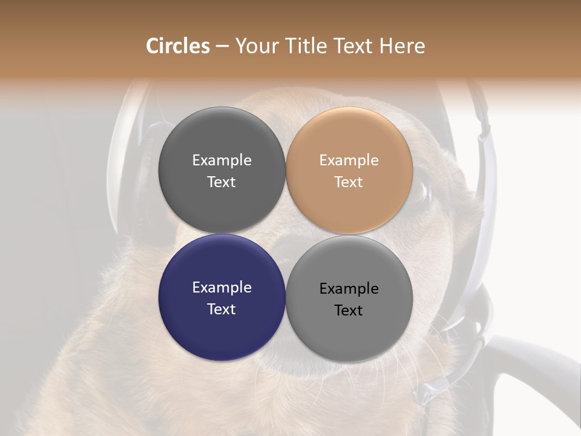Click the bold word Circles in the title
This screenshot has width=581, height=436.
pyautogui.click(x=177, y=46)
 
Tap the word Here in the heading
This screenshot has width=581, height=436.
pyautogui.click(x=402, y=46)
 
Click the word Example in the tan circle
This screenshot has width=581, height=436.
pyautogui.click(x=349, y=160)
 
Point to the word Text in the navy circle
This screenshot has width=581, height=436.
pyautogui.click(x=222, y=309)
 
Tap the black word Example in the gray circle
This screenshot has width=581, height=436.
pyautogui.click(x=349, y=289)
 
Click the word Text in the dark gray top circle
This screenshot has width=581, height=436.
pyautogui.click(x=222, y=182)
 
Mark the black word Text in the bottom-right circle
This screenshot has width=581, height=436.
pyautogui.click(x=349, y=310)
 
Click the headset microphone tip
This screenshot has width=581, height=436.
pyautogui.click(x=424, y=394)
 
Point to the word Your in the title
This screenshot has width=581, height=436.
pyautogui.click(x=255, y=46)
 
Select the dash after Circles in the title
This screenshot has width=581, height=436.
pyautogui.click(x=222, y=46)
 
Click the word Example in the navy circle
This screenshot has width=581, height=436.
pyautogui.click(x=222, y=288)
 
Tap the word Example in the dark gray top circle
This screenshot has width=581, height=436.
pyautogui.click(x=222, y=160)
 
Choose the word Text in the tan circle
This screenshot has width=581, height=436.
pyautogui.click(x=349, y=182)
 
